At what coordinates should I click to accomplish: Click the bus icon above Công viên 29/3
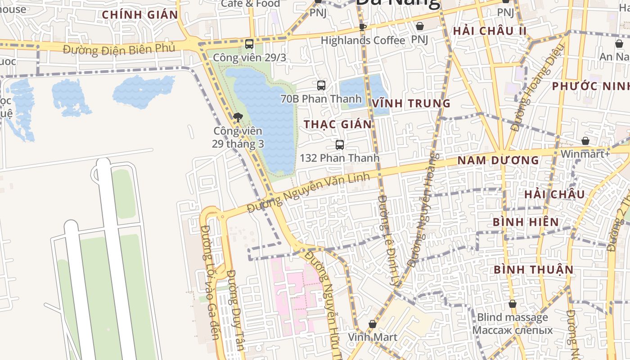pos(249,44)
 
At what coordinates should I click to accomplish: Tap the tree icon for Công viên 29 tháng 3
pos(238,118)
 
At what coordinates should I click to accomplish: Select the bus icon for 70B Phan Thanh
pos(321,85)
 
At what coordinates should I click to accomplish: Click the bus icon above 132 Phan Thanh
pos(340,145)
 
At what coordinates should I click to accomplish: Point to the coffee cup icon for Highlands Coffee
pos(363,27)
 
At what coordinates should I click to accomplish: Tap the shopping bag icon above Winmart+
pos(585,141)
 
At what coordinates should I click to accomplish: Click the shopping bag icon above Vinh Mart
pos(373,324)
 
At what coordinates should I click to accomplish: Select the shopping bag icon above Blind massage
pos(512,304)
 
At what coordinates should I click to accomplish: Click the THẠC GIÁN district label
pos(338,124)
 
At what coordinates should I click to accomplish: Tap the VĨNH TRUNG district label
pos(411,103)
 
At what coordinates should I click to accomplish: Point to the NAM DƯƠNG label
pos(498,160)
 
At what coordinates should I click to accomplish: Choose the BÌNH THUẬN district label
pos(534,270)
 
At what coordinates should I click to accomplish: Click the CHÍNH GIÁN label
pos(140,14)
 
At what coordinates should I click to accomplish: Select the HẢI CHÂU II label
pos(490,31)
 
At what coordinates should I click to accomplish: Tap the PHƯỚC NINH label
pos(590,86)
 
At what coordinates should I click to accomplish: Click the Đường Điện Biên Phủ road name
pos(119,49)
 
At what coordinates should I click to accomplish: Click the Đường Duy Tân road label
pos(235,310)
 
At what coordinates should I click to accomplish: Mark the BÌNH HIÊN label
pos(526,222)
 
